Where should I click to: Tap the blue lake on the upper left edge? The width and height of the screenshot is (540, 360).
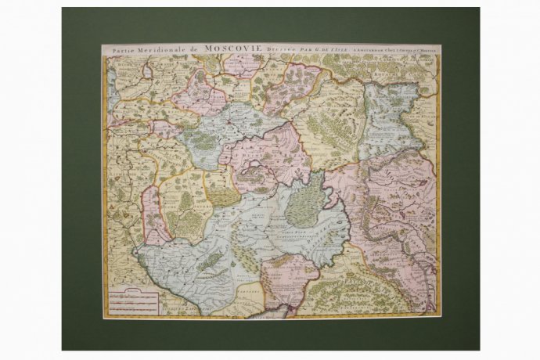tap(111, 74)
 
